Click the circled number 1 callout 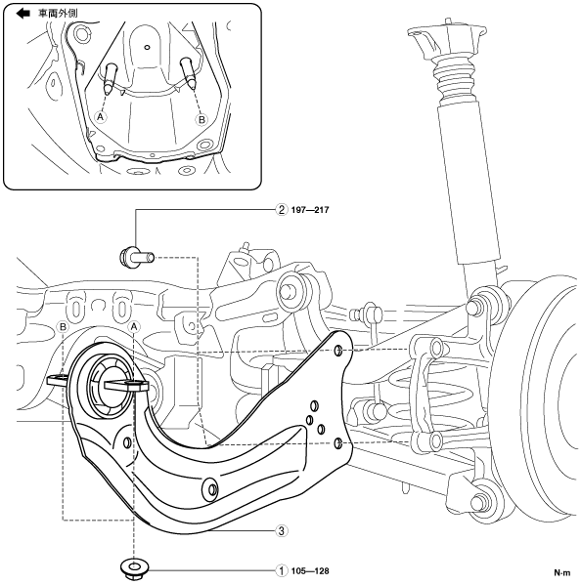pos(282,570)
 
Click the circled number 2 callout pos(282,210)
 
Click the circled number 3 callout pos(282,530)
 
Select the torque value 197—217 pos(310,210)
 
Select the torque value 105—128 pos(310,571)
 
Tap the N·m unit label pos(562,572)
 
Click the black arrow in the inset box pos(22,14)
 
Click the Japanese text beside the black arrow pos(58,14)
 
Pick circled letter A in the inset pos(100,117)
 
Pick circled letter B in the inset pos(201,120)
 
